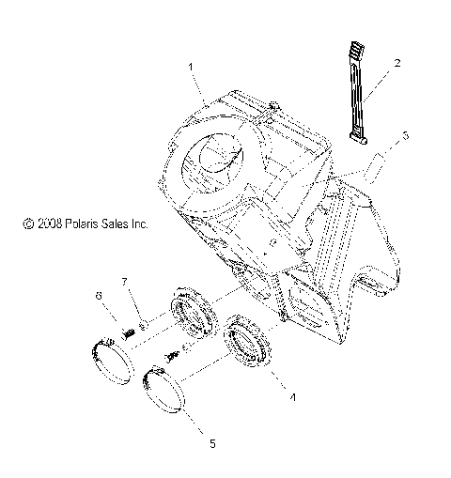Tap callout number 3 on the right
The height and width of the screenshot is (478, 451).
[406, 137]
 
